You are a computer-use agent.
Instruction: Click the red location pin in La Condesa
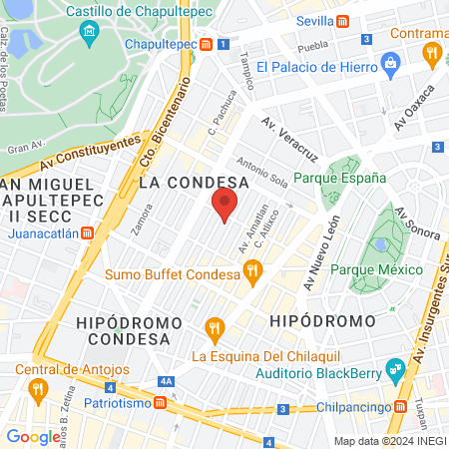click(x=224, y=206)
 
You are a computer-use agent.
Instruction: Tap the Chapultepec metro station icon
click(x=206, y=45)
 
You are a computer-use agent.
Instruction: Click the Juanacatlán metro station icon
click(x=88, y=233)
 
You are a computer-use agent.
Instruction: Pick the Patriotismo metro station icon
click(x=160, y=402)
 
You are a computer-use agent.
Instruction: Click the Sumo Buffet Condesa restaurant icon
click(x=253, y=269)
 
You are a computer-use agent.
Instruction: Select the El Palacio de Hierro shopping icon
click(x=389, y=67)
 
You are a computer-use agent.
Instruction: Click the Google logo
click(x=33, y=436)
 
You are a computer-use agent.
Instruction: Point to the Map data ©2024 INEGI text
click(x=389, y=441)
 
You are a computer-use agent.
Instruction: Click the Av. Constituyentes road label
click(x=90, y=154)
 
